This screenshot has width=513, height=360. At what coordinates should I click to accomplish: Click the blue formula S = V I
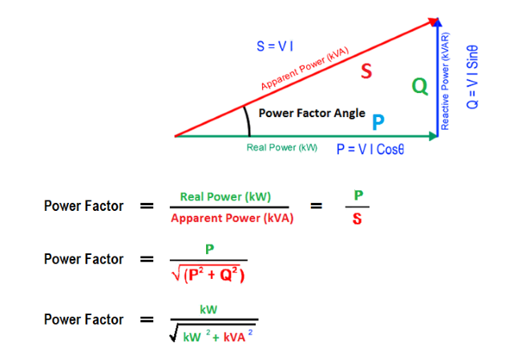click(274, 47)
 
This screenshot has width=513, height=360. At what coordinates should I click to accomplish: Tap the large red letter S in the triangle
click(366, 71)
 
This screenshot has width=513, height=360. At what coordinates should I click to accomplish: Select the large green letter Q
click(420, 87)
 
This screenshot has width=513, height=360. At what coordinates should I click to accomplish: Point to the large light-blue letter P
click(378, 122)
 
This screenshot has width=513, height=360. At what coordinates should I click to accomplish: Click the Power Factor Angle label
click(312, 113)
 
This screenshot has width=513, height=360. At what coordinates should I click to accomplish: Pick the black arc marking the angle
click(248, 120)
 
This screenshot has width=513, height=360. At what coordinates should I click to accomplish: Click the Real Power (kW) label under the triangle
click(281, 148)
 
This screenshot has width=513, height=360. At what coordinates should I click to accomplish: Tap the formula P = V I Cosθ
click(370, 150)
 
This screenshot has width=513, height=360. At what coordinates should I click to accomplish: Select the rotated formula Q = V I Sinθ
click(472, 77)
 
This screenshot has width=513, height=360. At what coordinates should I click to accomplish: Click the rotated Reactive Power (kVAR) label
click(445, 81)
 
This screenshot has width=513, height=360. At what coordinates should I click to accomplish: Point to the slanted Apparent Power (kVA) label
click(305, 68)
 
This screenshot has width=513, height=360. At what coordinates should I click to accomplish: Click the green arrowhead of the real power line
click(433, 136)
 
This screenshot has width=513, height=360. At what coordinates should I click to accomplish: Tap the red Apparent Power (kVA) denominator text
click(232, 218)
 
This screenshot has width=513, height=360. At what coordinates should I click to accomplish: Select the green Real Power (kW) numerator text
click(225, 196)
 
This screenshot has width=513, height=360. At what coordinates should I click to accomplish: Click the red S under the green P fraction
click(357, 219)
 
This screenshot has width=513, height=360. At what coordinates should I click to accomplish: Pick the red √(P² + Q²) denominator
click(208, 274)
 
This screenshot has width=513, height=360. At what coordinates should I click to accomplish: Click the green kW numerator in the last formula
click(208, 309)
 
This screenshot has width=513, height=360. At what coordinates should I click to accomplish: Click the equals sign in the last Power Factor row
click(147, 319)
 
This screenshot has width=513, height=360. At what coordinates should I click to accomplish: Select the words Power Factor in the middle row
click(83, 259)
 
